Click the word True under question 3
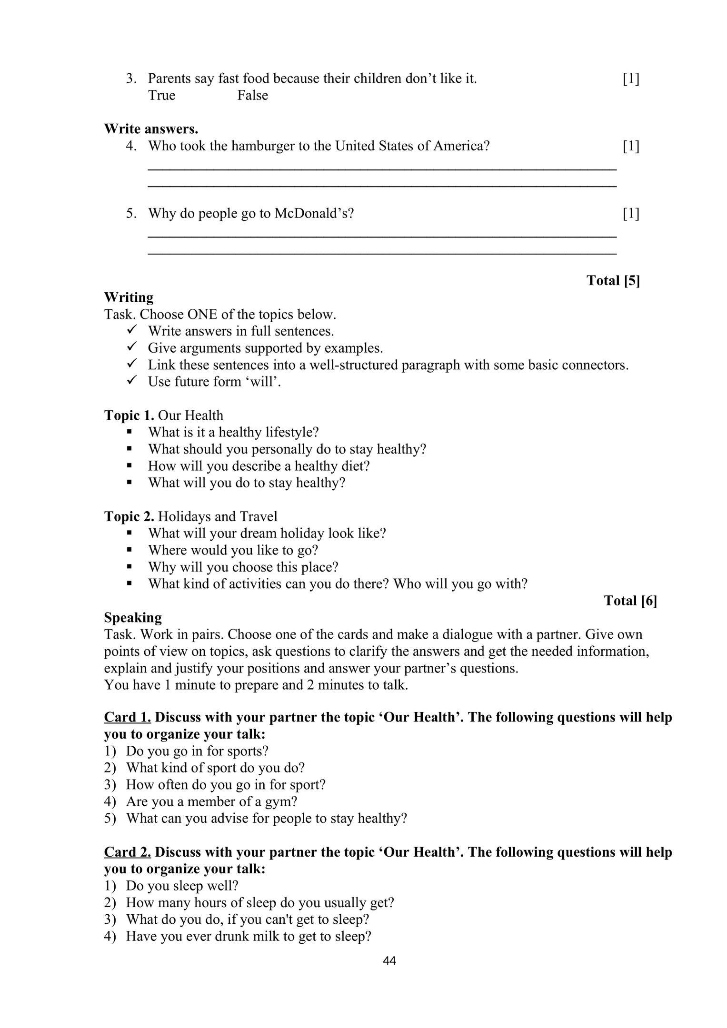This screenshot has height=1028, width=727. (161, 95)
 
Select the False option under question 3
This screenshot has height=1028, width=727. (252, 95)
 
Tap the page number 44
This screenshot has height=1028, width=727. (389, 960)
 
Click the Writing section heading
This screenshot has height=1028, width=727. (129, 297)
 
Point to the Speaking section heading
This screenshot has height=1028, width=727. (133, 617)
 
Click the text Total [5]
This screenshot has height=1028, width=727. (613, 280)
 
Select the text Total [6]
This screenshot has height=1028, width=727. (630, 601)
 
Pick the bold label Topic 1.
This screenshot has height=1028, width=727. (129, 415)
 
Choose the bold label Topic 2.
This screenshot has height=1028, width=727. (129, 516)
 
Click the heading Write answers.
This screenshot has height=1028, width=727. (151, 129)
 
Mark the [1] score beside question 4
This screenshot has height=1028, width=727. (631, 146)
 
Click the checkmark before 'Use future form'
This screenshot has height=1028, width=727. (132, 381)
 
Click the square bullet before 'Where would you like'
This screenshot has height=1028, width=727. (129, 550)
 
